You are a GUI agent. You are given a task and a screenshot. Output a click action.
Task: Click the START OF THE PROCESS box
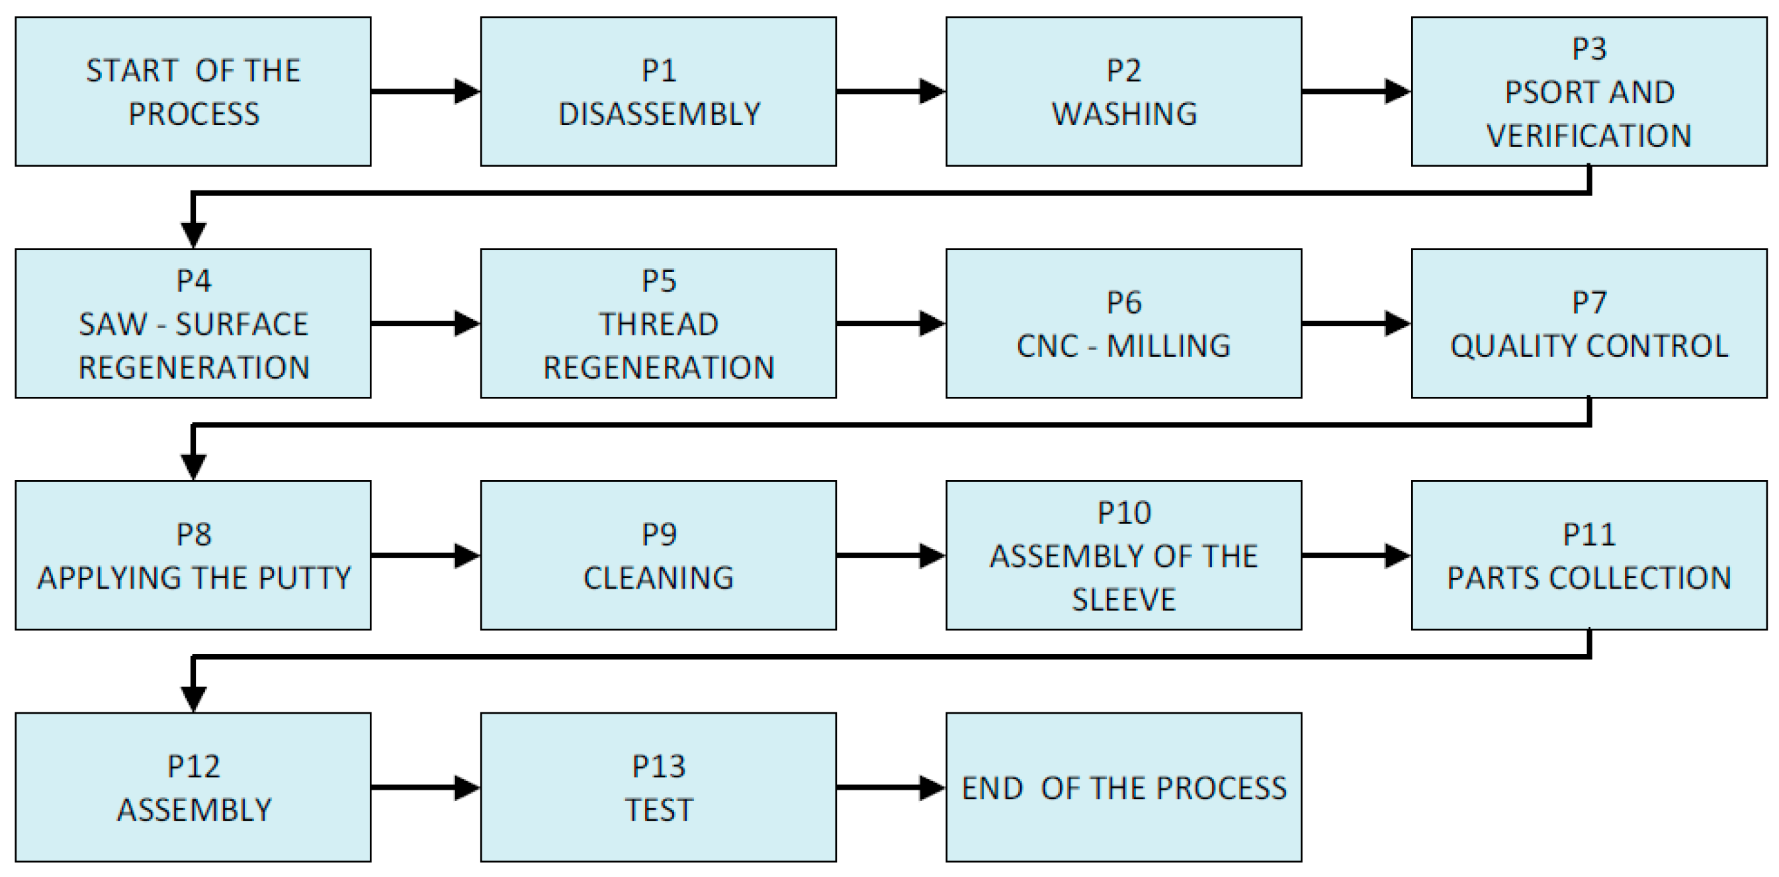(x=193, y=91)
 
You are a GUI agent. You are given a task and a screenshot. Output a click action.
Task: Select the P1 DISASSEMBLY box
(x=658, y=91)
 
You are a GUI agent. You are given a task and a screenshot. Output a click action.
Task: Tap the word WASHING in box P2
(x=1123, y=114)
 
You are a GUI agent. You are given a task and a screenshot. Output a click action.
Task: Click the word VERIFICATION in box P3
(x=1588, y=136)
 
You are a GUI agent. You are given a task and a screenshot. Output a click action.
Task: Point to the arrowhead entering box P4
(x=193, y=235)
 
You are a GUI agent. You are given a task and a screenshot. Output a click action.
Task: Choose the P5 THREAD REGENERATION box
(x=658, y=323)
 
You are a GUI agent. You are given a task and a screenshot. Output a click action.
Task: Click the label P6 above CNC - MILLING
(x=1123, y=302)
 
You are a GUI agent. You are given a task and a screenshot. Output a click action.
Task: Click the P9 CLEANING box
(x=658, y=555)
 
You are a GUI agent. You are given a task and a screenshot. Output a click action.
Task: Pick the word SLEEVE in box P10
(x=1123, y=599)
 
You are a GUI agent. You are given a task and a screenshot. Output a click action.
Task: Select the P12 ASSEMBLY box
(x=193, y=787)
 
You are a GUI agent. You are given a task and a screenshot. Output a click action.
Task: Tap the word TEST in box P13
(x=658, y=810)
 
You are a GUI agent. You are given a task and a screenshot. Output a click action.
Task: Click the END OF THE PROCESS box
(x=1123, y=787)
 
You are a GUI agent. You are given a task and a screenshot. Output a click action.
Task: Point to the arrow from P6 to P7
(x=1355, y=323)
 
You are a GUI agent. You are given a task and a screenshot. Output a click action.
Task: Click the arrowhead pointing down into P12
(x=193, y=699)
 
